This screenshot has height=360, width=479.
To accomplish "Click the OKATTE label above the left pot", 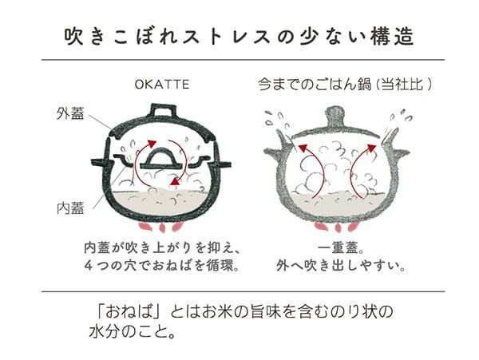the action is tap(162, 85).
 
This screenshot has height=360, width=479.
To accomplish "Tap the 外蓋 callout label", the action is tap(70, 113).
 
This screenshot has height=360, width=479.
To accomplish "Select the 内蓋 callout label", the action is tap(70, 208).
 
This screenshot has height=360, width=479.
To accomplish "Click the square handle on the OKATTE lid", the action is tap(164, 110).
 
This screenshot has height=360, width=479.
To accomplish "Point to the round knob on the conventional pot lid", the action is tap(336, 117).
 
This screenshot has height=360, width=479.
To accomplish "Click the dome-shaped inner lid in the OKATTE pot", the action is tap(160, 159).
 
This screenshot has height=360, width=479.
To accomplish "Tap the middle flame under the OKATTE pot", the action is tap(161, 228).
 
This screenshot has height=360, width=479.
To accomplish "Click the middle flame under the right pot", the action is tap(338, 227).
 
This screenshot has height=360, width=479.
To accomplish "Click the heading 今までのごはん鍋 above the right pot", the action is tap(315, 85).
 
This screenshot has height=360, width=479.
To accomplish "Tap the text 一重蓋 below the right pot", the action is tap(338, 248).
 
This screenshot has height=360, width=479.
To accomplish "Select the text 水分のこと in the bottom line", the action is tap(128, 332).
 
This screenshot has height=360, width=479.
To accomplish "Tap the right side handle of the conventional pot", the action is tap(401, 152).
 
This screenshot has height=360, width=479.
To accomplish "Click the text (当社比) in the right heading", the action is tap(403, 85).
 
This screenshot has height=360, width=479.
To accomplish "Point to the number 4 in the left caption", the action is tap(89, 266).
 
